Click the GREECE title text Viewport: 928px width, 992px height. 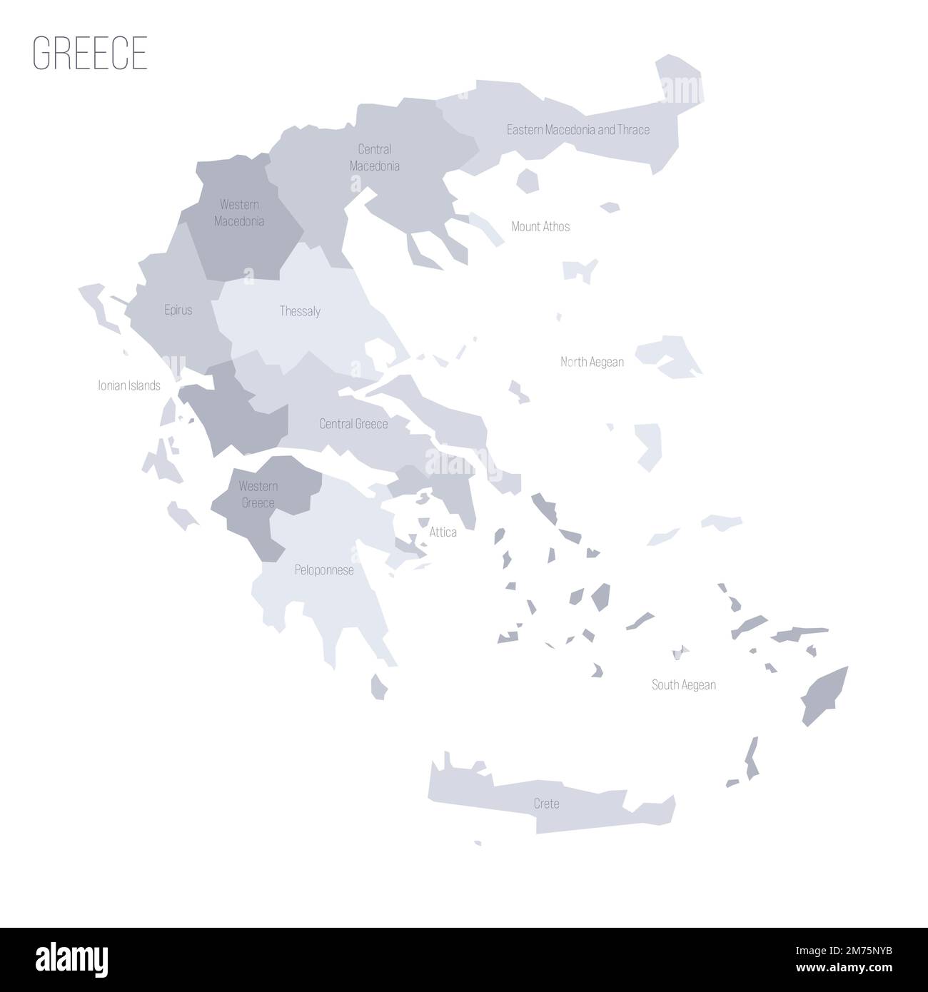click(x=90, y=52)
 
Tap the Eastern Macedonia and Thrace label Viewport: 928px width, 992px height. click(x=578, y=130)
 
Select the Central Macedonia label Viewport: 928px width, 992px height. click(x=374, y=158)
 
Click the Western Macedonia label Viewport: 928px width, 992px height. click(x=239, y=213)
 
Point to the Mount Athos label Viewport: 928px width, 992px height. click(x=540, y=226)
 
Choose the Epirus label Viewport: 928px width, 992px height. click(x=178, y=310)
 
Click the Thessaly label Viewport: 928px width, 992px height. click(x=300, y=311)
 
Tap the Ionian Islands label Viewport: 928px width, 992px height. click(x=129, y=385)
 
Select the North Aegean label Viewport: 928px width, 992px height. click(x=592, y=362)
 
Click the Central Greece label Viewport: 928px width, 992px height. click(x=353, y=424)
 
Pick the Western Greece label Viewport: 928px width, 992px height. click(x=258, y=495)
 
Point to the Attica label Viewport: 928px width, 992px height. click(x=443, y=532)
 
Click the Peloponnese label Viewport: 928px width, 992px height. click(x=324, y=570)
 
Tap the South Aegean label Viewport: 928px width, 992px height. click(x=683, y=685)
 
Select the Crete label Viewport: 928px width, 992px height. click(x=546, y=804)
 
